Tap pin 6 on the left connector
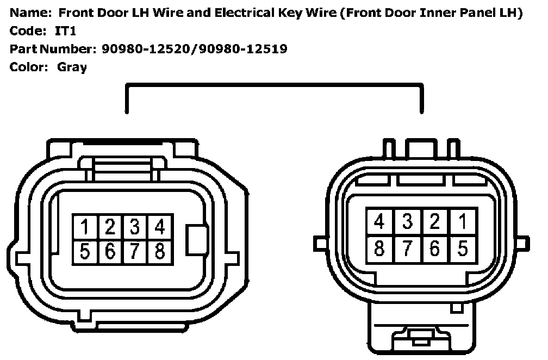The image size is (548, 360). tap(110, 251)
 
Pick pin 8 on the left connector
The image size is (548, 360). tap(160, 251)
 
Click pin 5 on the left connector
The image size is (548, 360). tap(85, 251)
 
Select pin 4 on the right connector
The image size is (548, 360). tap(380, 222)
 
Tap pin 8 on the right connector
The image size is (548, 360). tap(380, 248)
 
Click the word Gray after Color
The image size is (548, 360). tap(72, 68)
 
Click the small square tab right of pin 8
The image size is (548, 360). tap(196, 238)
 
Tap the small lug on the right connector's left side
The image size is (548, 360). tap(320, 240)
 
